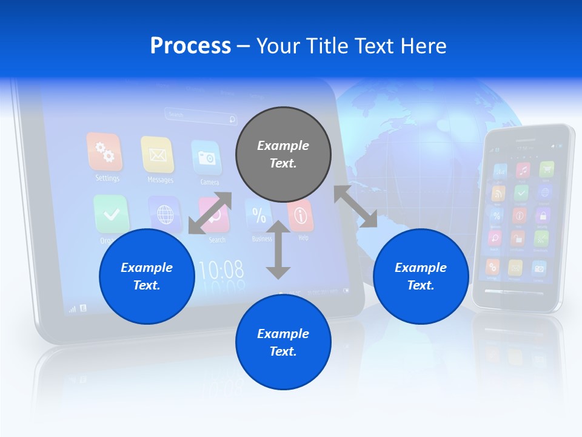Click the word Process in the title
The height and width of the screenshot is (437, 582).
coord(190,46)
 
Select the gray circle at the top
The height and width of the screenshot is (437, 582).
coord(283,154)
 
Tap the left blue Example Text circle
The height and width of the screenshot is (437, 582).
coord(147,276)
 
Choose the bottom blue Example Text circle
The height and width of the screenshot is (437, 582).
coord(283,342)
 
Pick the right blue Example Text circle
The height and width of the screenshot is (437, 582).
coord(421,276)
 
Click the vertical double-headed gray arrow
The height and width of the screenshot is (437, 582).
coord(278,249)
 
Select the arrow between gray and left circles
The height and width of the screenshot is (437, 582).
coord(210,213)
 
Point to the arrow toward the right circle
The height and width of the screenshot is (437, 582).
coord(355,206)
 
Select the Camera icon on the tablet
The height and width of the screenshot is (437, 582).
coord(206,158)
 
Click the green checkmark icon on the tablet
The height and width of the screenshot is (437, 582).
coord(111,214)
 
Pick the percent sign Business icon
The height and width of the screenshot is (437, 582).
coord(258,215)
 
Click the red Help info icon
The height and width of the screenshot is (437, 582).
coord(301,215)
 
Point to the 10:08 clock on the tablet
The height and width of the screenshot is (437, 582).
coord(221,269)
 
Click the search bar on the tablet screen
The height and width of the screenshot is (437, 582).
coord(200,115)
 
